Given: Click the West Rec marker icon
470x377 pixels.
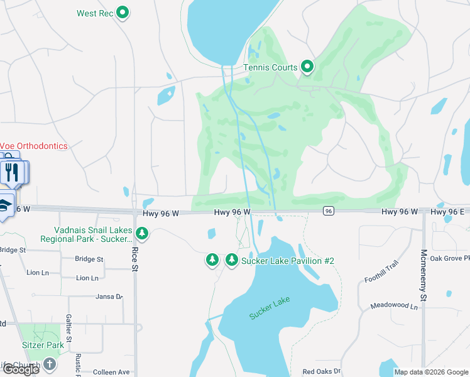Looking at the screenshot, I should (x=124, y=13).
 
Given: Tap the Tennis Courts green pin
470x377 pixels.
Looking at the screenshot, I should (x=307, y=66).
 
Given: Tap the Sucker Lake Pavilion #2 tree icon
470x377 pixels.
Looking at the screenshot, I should (x=232, y=260).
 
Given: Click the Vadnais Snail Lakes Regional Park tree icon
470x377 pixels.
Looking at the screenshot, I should (x=143, y=234).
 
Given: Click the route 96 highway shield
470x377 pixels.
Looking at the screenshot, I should (x=328, y=212).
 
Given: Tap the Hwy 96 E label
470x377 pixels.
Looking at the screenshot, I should (x=447, y=212).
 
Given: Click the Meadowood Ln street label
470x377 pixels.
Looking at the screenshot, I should (x=394, y=306).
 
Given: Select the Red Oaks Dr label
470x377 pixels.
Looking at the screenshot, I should (x=321, y=372).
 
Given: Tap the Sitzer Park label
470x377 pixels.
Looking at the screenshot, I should (x=42, y=345).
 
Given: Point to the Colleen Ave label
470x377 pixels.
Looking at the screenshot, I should (x=111, y=372).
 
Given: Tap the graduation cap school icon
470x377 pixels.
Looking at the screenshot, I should (x=4, y=205).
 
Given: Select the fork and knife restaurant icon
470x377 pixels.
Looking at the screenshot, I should (x=11, y=170).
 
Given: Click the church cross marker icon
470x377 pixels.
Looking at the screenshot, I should (x=49, y=364).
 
